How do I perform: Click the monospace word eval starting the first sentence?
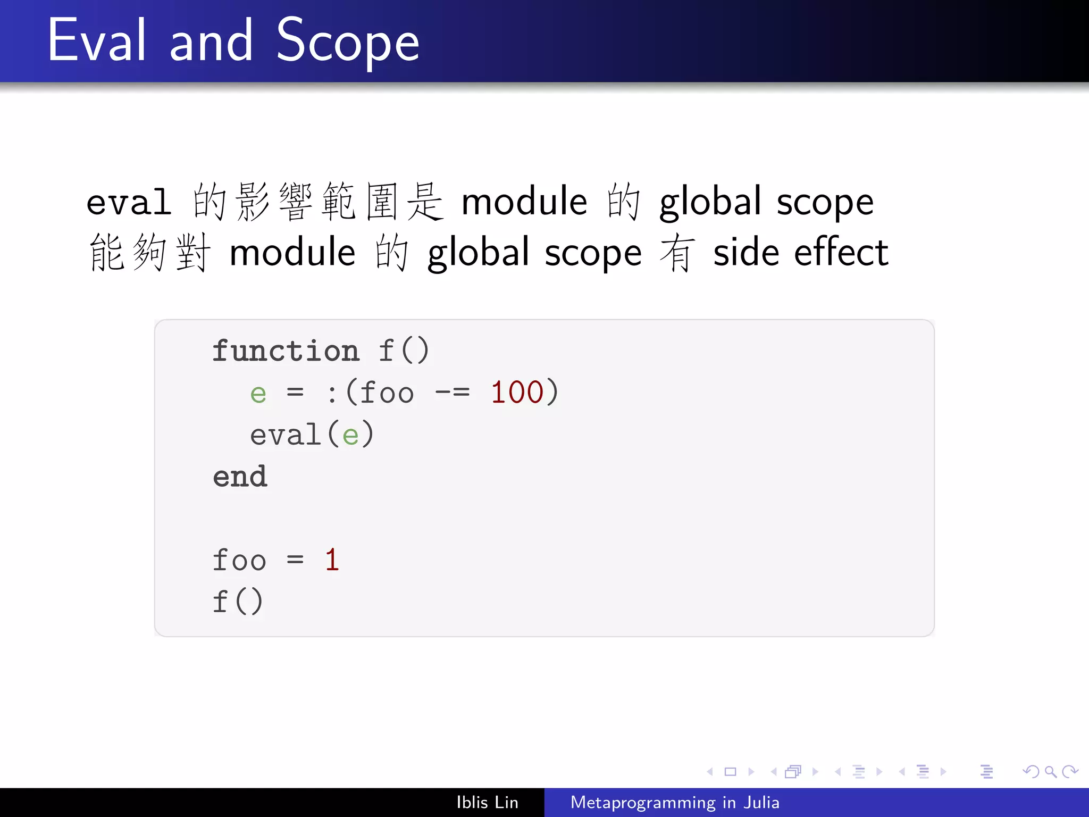[x=129, y=203]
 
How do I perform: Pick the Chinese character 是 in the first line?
[x=425, y=202]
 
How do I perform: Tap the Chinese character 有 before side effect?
[x=677, y=253]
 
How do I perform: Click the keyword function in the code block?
[x=286, y=351]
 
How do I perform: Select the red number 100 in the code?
[x=517, y=393]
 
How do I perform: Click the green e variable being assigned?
[x=258, y=394]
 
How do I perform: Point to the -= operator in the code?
[x=452, y=393]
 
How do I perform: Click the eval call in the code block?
[x=286, y=435]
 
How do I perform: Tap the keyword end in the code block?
[x=240, y=476]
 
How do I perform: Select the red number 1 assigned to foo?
[x=332, y=560]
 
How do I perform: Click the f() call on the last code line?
[x=237, y=602]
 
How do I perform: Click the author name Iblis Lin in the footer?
[x=487, y=802]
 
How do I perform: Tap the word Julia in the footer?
[x=761, y=802]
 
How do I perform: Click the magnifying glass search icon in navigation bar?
[x=1050, y=771]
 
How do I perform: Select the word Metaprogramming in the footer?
[x=643, y=802]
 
